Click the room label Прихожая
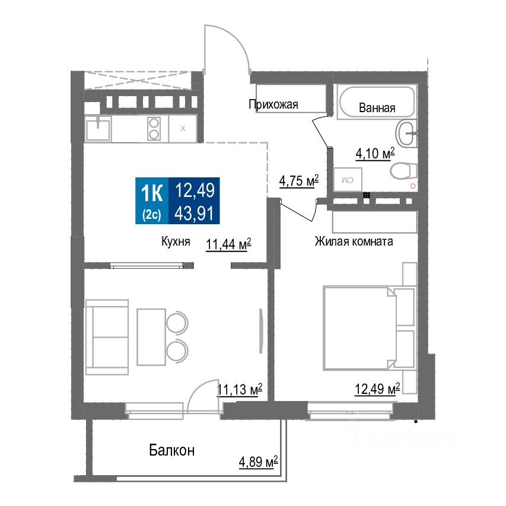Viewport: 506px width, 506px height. [273, 105]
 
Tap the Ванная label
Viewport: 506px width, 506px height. [377, 109]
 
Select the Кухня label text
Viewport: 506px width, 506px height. [176, 242]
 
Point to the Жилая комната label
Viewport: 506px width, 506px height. [354, 242]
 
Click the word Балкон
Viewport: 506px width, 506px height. [171, 451]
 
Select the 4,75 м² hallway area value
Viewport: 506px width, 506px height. [299, 181]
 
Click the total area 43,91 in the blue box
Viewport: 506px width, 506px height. [194, 212]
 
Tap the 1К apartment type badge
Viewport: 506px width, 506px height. [152, 193]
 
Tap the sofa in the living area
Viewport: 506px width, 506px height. [107, 336]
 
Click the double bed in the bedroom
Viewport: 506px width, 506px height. [359, 326]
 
